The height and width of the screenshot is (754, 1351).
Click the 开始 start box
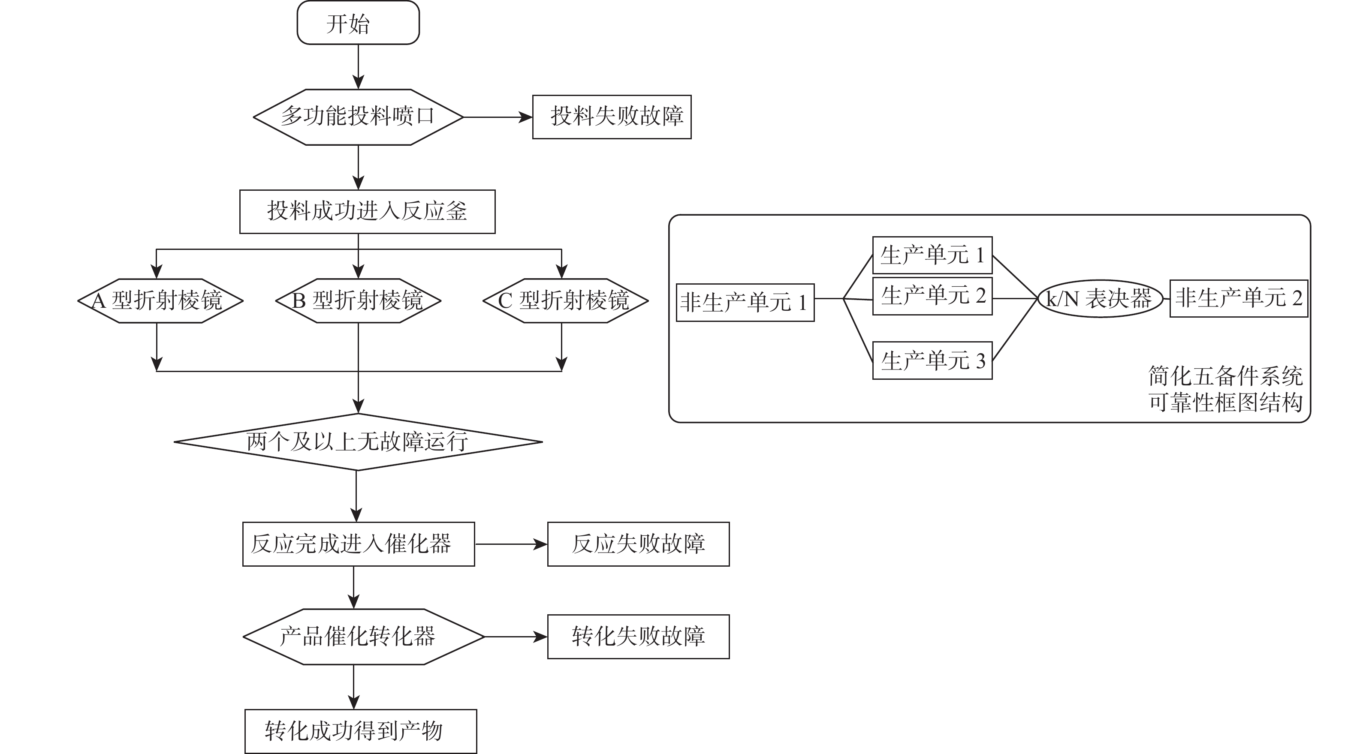pos(358,23)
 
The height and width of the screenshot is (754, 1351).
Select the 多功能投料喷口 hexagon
pos(358,117)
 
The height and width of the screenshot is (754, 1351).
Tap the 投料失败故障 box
pos(612,117)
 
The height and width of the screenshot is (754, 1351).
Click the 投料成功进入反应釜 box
pos(367,211)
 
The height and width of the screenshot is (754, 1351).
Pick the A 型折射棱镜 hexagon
pos(160,300)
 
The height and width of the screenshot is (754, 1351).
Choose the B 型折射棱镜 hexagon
pos(358,300)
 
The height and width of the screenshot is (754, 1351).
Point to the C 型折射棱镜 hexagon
pos(565,300)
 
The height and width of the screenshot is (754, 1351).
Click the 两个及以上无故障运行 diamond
pos(358,442)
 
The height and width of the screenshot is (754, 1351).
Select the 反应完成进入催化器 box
pos(358,544)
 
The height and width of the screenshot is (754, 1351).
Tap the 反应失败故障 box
pos(638,544)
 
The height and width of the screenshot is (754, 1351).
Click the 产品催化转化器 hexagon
pos(363,637)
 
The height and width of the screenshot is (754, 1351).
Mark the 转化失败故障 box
pos(638,637)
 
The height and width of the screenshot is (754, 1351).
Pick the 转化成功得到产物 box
pos(360,731)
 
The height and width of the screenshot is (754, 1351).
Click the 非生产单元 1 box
pos(745,303)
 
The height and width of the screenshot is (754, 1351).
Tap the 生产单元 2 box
pos(932,296)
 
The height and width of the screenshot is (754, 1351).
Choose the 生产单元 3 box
pos(932,360)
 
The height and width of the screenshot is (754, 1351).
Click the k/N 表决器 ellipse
pos(1100,298)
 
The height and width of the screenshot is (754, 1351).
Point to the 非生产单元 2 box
pos(1238,298)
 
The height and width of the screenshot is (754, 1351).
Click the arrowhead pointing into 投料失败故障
pos(526,117)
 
